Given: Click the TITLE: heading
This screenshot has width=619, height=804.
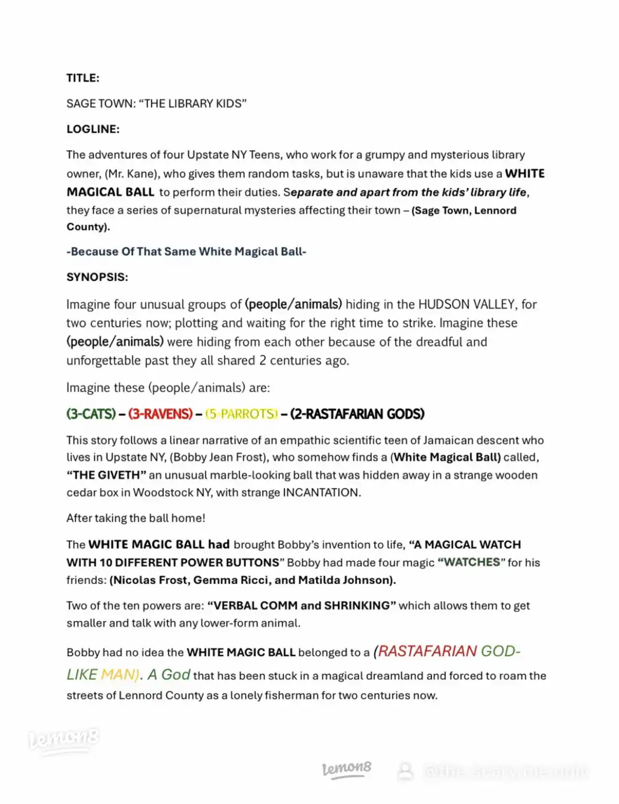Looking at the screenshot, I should (83, 78).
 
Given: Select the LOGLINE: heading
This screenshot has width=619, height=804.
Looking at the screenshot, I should (93, 129).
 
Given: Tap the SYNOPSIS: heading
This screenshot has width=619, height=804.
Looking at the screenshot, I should (97, 277).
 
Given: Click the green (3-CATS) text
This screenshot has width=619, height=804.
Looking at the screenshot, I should (91, 414).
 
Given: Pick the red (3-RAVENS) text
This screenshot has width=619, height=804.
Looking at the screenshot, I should (160, 414).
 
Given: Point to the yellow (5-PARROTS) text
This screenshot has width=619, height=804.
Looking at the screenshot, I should (241, 414).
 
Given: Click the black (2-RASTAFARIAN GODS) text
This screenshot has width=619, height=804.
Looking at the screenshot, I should (357, 414).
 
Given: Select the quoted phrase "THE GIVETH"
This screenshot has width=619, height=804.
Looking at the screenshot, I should (107, 475).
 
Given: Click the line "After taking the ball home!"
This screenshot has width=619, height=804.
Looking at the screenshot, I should (135, 518).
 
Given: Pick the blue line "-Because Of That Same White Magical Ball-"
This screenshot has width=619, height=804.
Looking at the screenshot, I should (186, 251).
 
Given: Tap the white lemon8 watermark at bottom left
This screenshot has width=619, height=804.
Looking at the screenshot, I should (64, 740).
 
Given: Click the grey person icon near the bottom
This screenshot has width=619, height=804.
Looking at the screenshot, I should (405, 771).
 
